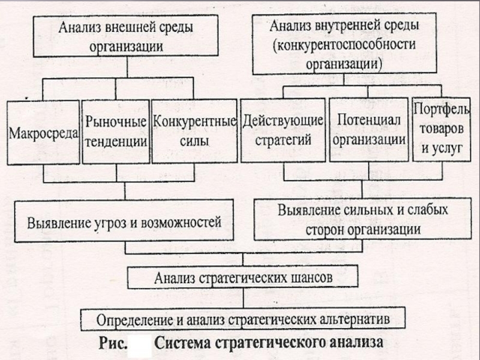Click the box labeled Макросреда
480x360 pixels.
coord(43,132)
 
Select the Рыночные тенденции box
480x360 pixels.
coord(116,131)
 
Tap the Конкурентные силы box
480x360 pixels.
coord(194,131)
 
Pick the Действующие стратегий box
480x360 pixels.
coord(283,130)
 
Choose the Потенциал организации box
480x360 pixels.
coord(369,129)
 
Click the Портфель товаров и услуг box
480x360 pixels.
coord(442,129)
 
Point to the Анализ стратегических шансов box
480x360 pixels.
coord(242,277)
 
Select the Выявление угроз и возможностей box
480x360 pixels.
coord(124,221)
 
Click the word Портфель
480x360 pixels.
coord(442,110)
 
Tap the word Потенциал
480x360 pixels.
coord(369,119)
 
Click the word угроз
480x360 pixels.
coord(110,223)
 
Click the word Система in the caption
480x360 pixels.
coord(182,343)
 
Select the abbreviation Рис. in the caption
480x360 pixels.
coord(113,343)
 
